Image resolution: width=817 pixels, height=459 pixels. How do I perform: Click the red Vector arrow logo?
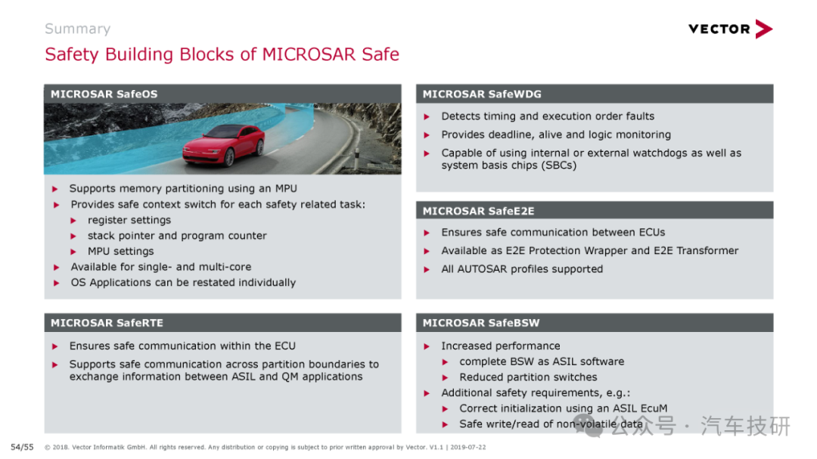pyautogui.click(x=764, y=29)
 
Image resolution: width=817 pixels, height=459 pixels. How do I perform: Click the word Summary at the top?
pyautogui.click(x=78, y=29)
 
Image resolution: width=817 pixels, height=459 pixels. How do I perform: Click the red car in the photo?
pyautogui.click(x=223, y=144)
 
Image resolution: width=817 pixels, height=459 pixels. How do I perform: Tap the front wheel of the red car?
pyautogui.click(x=229, y=156)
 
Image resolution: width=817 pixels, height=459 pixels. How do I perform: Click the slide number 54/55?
pyautogui.click(x=22, y=447)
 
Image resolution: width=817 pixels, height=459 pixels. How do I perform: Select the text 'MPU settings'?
pyautogui.click(x=121, y=251)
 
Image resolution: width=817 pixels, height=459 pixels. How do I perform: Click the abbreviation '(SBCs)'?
pyautogui.click(x=559, y=165)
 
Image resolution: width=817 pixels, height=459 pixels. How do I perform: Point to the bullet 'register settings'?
pyautogui.click(x=129, y=220)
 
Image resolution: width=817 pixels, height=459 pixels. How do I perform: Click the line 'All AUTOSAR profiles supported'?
pyautogui.click(x=522, y=269)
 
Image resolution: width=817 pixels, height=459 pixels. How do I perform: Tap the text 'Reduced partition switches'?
pyautogui.click(x=528, y=377)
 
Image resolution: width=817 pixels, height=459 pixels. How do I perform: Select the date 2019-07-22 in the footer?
pyautogui.click(x=468, y=447)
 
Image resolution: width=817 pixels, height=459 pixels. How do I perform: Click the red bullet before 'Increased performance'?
pyautogui.click(x=427, y=346)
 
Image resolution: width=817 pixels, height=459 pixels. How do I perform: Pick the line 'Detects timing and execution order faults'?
pyautogui.click(x=548, y=116)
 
